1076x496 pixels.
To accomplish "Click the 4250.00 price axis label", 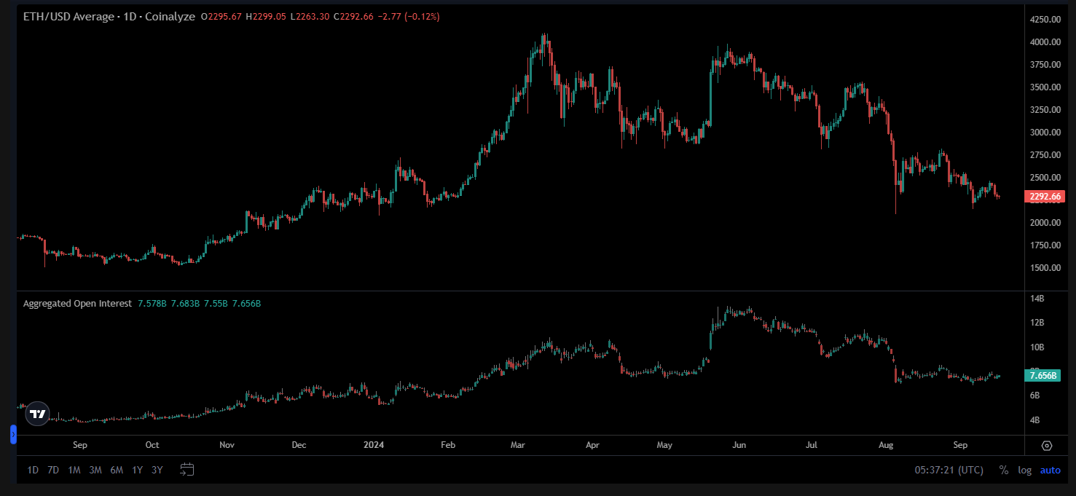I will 1044,20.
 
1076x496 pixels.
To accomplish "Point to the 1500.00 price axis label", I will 1044,268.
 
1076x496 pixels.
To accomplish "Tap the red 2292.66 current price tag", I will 1044,197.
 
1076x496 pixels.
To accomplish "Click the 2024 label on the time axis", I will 374,445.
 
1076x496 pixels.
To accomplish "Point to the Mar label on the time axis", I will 518,445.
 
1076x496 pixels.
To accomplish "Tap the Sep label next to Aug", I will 960,445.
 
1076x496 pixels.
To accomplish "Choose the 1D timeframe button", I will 33,471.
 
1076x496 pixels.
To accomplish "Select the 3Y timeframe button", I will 157,471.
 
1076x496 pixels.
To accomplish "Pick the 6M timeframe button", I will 117,471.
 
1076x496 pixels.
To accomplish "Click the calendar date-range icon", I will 187,470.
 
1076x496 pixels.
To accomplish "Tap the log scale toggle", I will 1025,471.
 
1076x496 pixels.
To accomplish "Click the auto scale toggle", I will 1051,471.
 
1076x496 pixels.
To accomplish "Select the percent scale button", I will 1004,471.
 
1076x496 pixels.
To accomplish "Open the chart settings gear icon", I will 1047,446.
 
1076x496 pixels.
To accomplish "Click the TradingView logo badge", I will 37,414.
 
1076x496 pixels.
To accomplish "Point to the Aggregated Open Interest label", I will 78,304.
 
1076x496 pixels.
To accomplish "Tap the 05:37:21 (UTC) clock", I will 949,471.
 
